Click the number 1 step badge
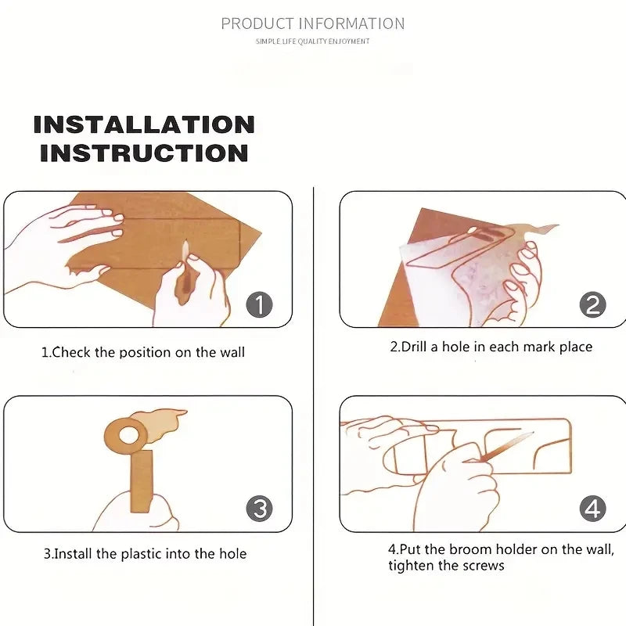pyautogui.click(x=260, y=304)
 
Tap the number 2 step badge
pyautogui.click(x=593, y=304)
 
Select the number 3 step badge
pyautogui.click(x=260, y=508)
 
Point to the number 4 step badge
pyautogui.click(x=593, y=508)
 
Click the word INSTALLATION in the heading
pyautogui.click(x=144, y=124)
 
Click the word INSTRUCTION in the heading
pyautogui.click(x=144, y=153)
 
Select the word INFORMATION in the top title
pyautogui.click(x=352, y=24)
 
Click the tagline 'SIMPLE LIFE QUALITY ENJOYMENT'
pyautogui.click(x=312, y=41)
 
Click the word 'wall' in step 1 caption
pyautogui.click(x=232, y=352)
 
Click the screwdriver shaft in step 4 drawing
pyautogui.click(x=507, y=445)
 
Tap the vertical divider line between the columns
pyautogui.click(x=314, y=406)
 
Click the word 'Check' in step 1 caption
pyautogui.click(x=71, y=352)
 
